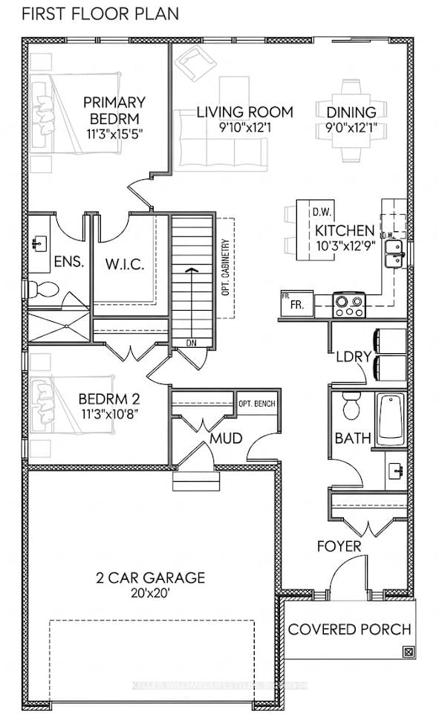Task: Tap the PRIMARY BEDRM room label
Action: click(x=114, y=111)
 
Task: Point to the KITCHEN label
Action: click(x=345, y=230)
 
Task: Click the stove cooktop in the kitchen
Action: click(x=350, y=303)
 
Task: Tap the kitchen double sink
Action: click(x=394, y=253)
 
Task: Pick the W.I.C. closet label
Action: click(x=124, y=264)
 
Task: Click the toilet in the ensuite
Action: click(x=44, y=289)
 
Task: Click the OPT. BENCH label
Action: click(x=256, y=404)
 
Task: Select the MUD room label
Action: click(x=226, y=439)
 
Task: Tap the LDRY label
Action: click(x=353, y=356)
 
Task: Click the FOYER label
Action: click(x=339, y=547)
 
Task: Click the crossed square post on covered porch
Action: click(x=407, y=652)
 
